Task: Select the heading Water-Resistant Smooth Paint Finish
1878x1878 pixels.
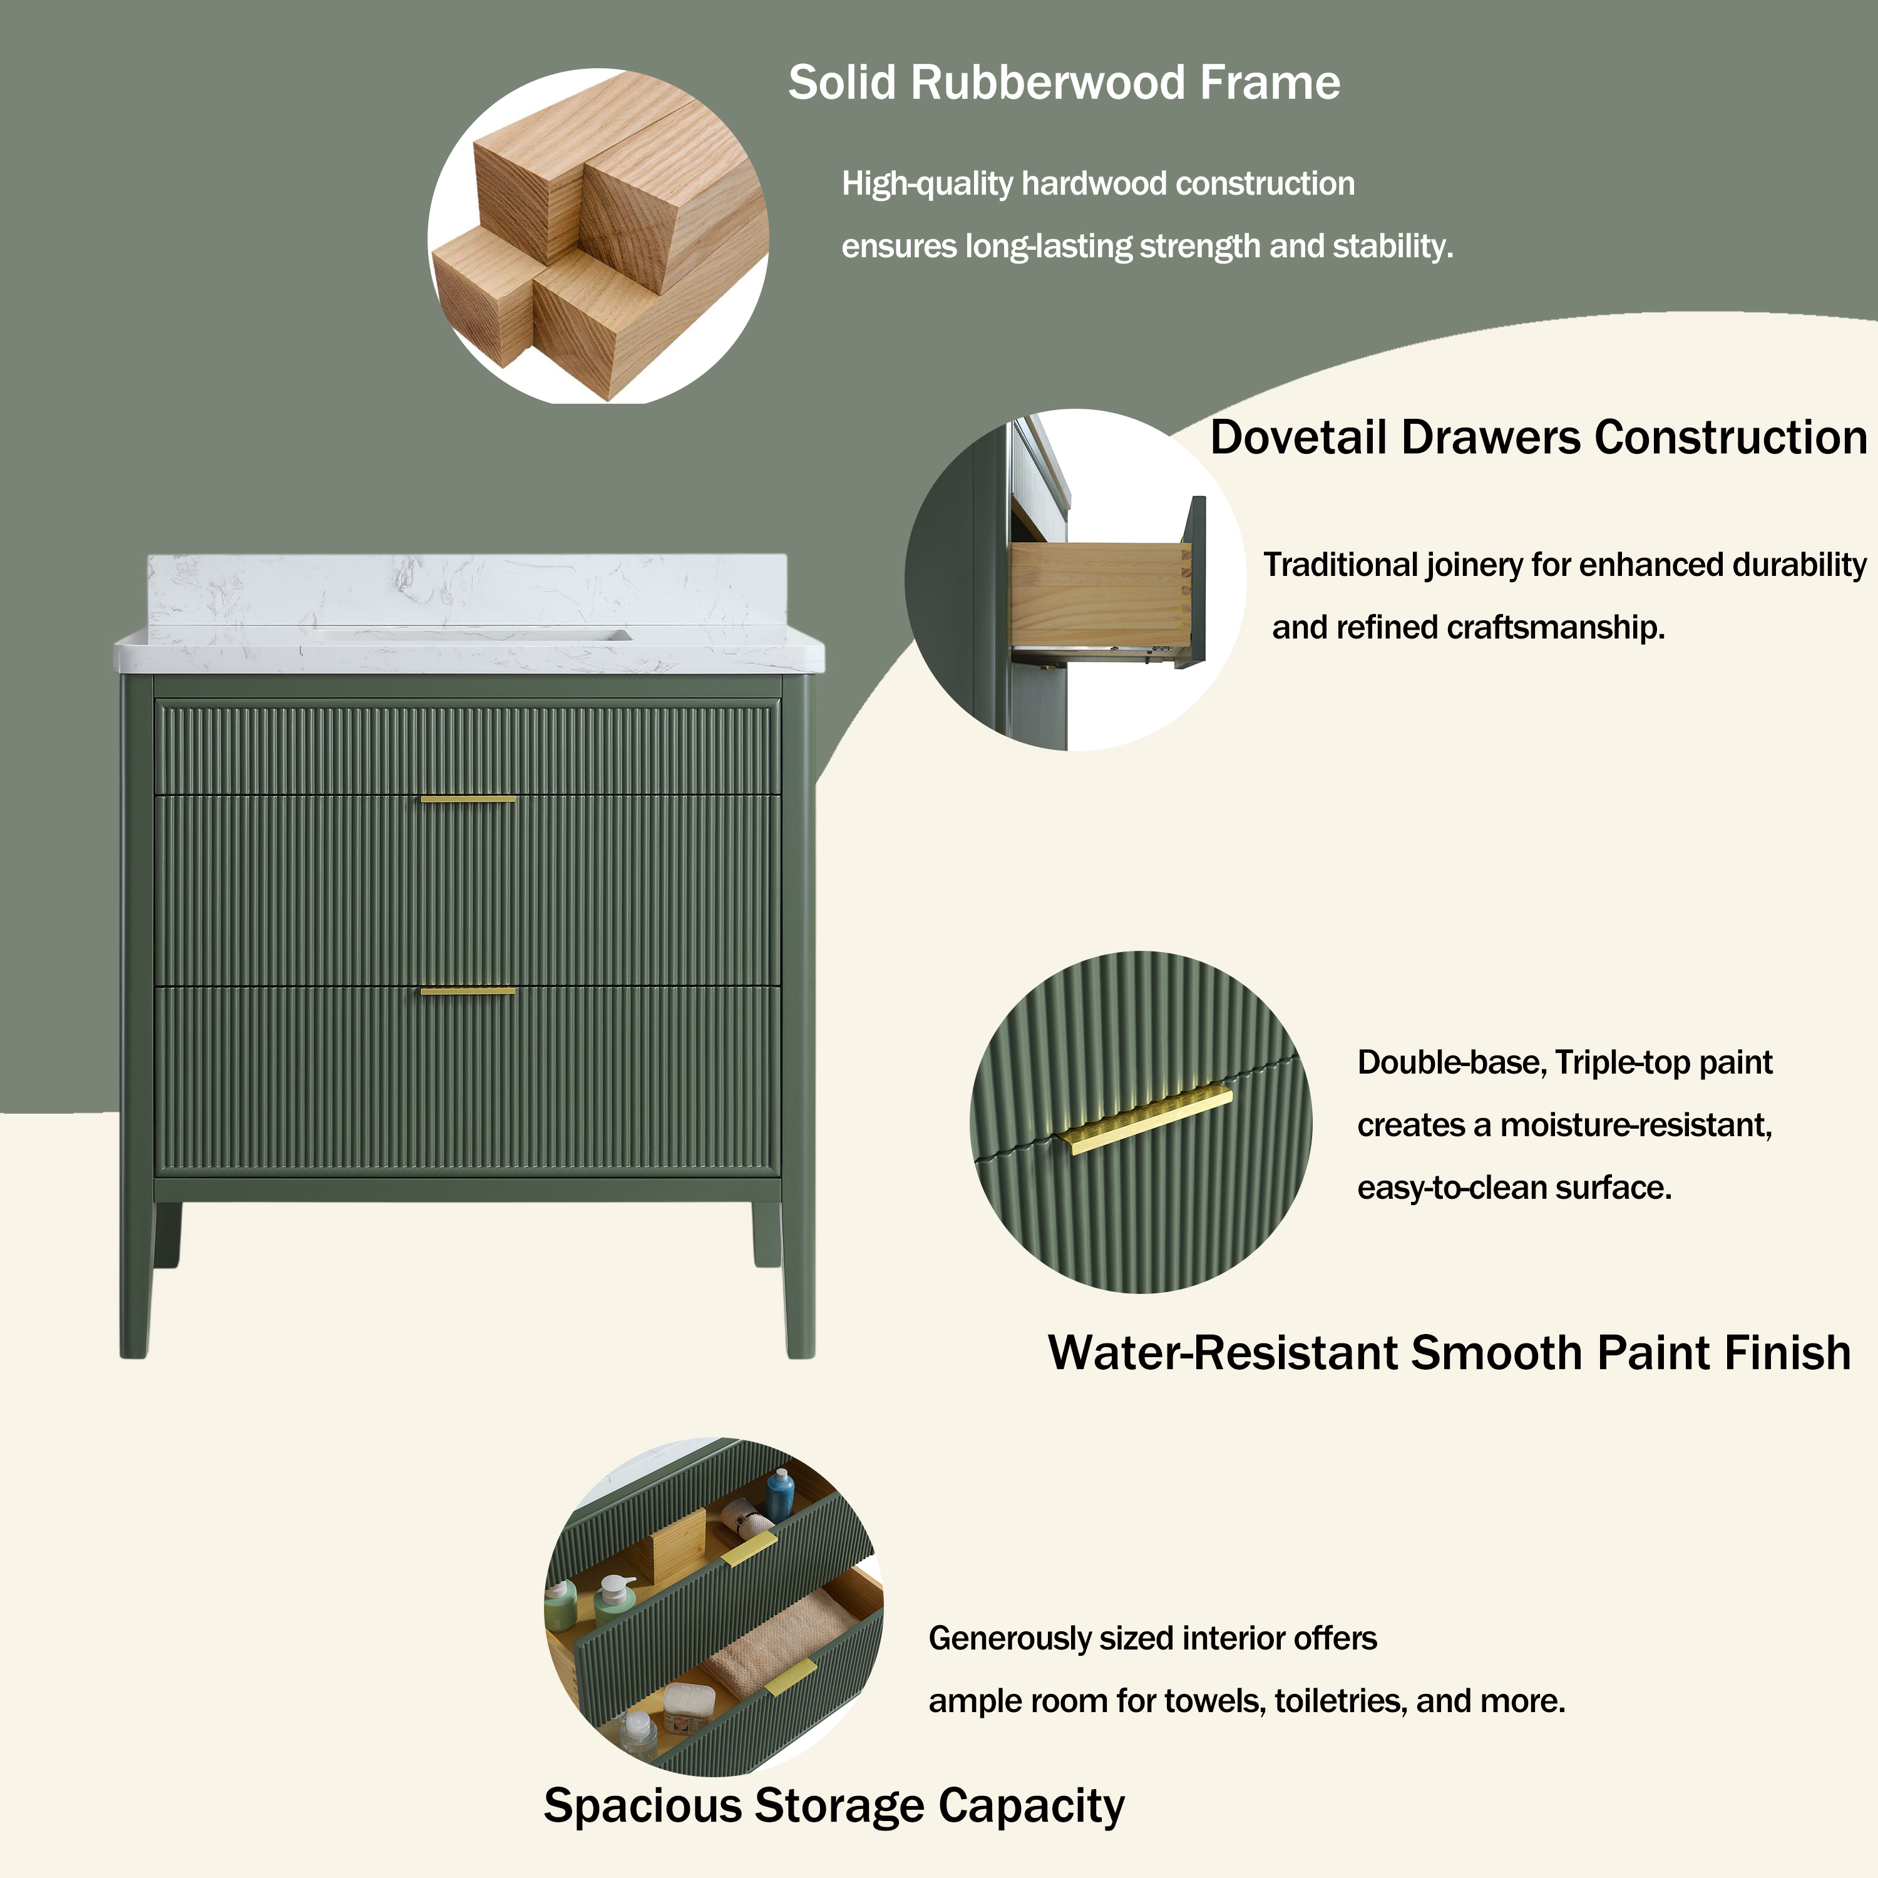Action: point(1449,1352)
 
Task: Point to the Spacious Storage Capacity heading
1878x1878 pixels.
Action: point(833,1805)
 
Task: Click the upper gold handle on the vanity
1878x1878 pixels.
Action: point(468,799)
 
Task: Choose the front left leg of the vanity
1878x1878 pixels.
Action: point(135,1273)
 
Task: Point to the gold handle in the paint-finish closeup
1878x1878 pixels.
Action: point(1147,1120)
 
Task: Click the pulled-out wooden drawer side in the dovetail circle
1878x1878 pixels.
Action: point(1099,593)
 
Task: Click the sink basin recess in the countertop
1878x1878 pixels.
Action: point(466,637)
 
